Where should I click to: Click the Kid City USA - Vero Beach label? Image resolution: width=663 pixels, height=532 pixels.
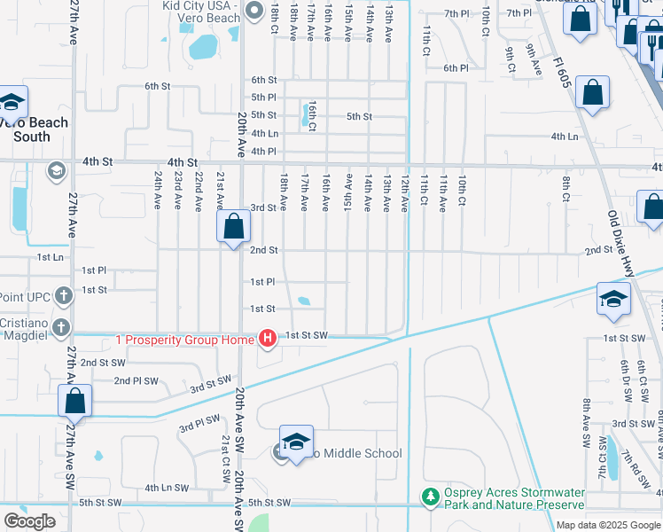pyautogui.click(x=189, y=12)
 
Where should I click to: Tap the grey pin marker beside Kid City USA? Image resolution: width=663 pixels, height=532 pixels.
pyautogui.click(x=255, y=11)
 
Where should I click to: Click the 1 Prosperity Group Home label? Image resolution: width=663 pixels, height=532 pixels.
pyautogui.click(x=184, y=339)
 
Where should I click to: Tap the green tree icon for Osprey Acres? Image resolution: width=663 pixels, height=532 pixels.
pyautogui.click(x=430, y=497)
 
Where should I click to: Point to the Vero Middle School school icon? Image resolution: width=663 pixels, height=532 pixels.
pyautogui.click(x=296, y=442)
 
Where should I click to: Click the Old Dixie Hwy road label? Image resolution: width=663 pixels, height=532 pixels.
pyautogui.click(x=623, y=243)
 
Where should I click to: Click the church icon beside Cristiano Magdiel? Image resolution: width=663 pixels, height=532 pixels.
pyautogui.click(x=61, y=327)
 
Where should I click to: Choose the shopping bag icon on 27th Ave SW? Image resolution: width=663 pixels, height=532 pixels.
pyautogui.click(x=75, y=400)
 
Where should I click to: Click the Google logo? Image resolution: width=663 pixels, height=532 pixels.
pyautogui.click(x=29, y=521)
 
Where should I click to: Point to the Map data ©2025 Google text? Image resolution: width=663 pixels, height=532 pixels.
pyautogui.click(x=607, y=525)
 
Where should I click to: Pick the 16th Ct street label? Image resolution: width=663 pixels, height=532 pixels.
pyautogui.click(x=313, y=113)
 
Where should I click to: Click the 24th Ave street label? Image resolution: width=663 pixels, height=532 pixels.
pyautogui.click(x=158, y=190)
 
